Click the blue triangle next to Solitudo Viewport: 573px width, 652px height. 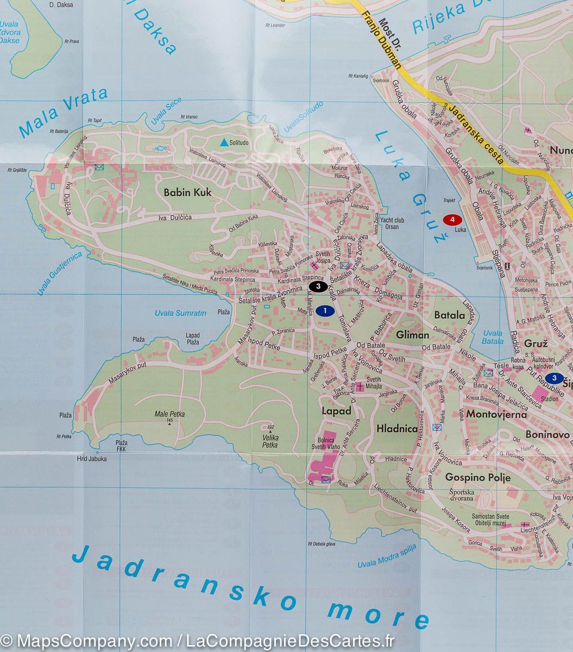(224, 143)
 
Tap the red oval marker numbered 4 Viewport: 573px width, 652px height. (452, 220)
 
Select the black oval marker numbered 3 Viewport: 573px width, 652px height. (318, 286)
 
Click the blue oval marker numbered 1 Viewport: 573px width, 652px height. (324, 311)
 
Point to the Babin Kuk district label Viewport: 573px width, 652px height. (187, 192)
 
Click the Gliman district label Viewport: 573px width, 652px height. (413, 335)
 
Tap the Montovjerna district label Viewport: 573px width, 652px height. (496, 415)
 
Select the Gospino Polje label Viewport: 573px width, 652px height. (477, 478)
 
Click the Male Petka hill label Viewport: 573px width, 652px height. (169, 414)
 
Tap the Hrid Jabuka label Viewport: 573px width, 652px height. (91, 459)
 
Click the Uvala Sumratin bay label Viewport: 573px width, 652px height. (180, 313)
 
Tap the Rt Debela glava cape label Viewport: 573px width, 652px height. (322, 543)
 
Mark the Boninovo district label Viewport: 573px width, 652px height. (547, 435)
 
